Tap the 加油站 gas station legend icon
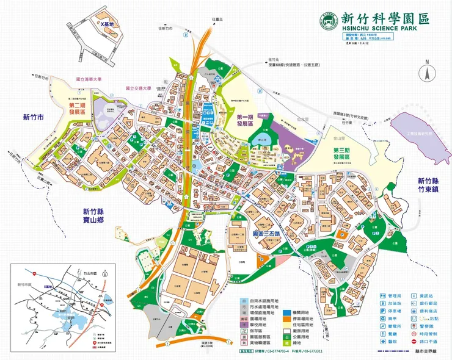(x=382, y=302)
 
